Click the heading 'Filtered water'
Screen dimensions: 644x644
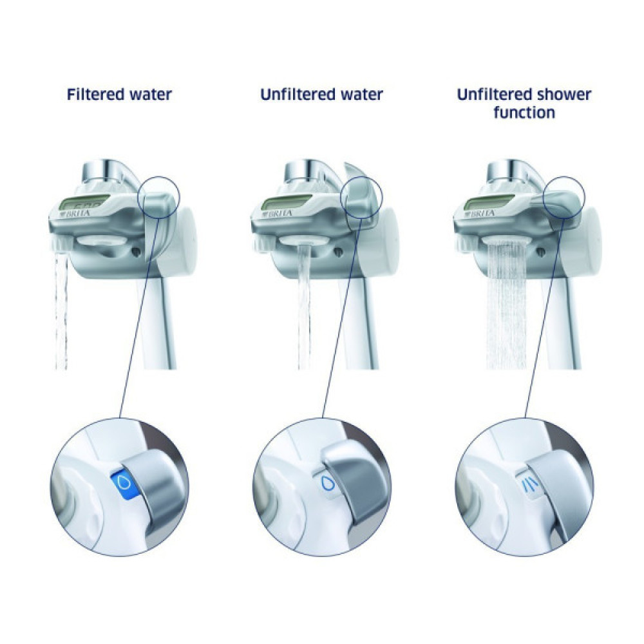[119, 95]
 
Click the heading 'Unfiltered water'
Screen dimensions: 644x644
[321, 95]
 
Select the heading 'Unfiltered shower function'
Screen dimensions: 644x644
[524, 103]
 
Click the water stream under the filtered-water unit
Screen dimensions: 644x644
[61, 309]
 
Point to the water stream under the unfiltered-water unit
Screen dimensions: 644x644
[303, 309]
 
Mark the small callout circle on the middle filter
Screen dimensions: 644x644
[361, 191]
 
